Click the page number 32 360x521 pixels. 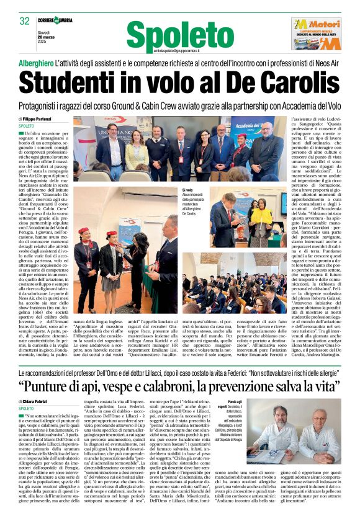click(x=24, y=21)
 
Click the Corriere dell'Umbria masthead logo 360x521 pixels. click(x=55, y=20)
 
